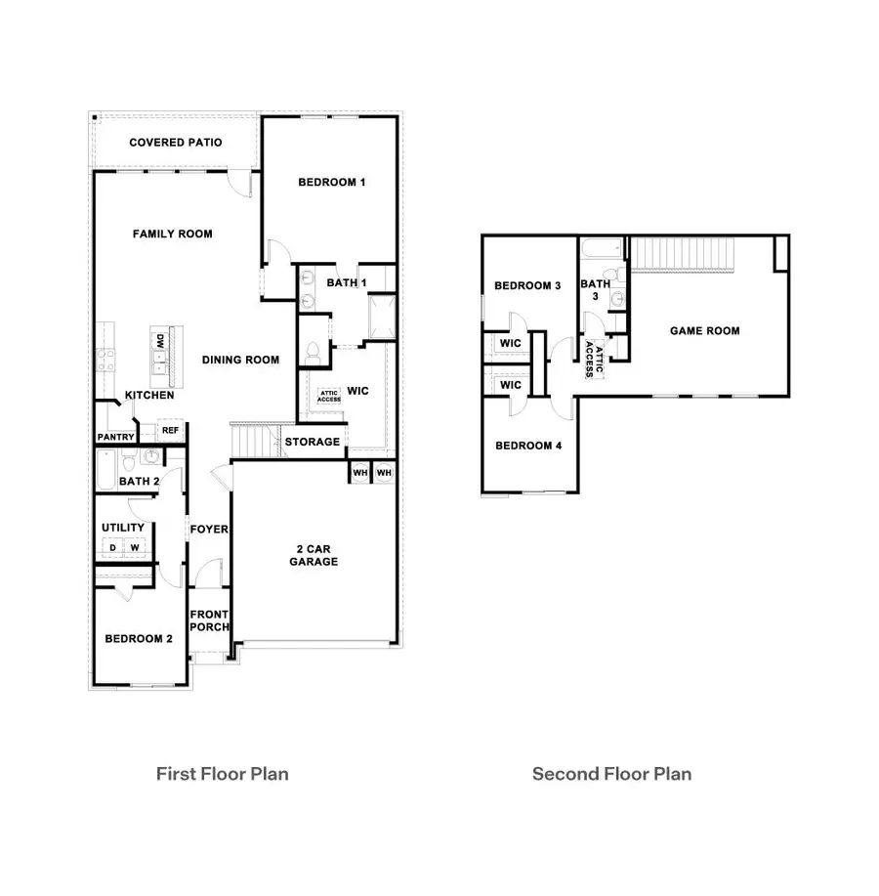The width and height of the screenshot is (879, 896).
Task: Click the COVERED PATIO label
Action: click(176, 143)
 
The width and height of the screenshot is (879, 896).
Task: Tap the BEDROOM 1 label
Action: click(332, 182)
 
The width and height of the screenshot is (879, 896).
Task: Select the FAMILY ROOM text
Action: click(173, 234)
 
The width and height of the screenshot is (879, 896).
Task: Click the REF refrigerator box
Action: click(170, 430)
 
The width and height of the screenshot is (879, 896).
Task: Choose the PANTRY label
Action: click(114, 437)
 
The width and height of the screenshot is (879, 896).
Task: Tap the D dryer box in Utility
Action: click(112, 548)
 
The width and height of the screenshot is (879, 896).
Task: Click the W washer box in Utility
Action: click(136, 548)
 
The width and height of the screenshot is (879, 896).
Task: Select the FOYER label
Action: click(209, 530)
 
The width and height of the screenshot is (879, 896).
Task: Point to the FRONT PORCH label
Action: click(209, 620)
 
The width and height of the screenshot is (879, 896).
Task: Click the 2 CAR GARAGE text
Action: click(314, 555)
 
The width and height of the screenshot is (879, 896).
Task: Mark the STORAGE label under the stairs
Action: click(313, 442)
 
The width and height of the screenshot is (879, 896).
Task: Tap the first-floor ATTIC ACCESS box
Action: click(328, 396)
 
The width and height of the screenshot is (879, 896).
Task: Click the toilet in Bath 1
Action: click(314, 352)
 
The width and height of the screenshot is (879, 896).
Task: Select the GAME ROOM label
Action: click(704, 331)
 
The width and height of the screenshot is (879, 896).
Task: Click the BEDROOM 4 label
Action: click(528, 446)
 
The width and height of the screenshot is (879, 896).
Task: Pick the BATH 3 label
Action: click(595, 290)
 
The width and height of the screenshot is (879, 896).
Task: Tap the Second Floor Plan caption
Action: click(611, 774)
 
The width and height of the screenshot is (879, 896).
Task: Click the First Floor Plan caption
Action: click(223, 774)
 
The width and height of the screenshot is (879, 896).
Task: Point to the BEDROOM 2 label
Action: click(139, 639)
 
